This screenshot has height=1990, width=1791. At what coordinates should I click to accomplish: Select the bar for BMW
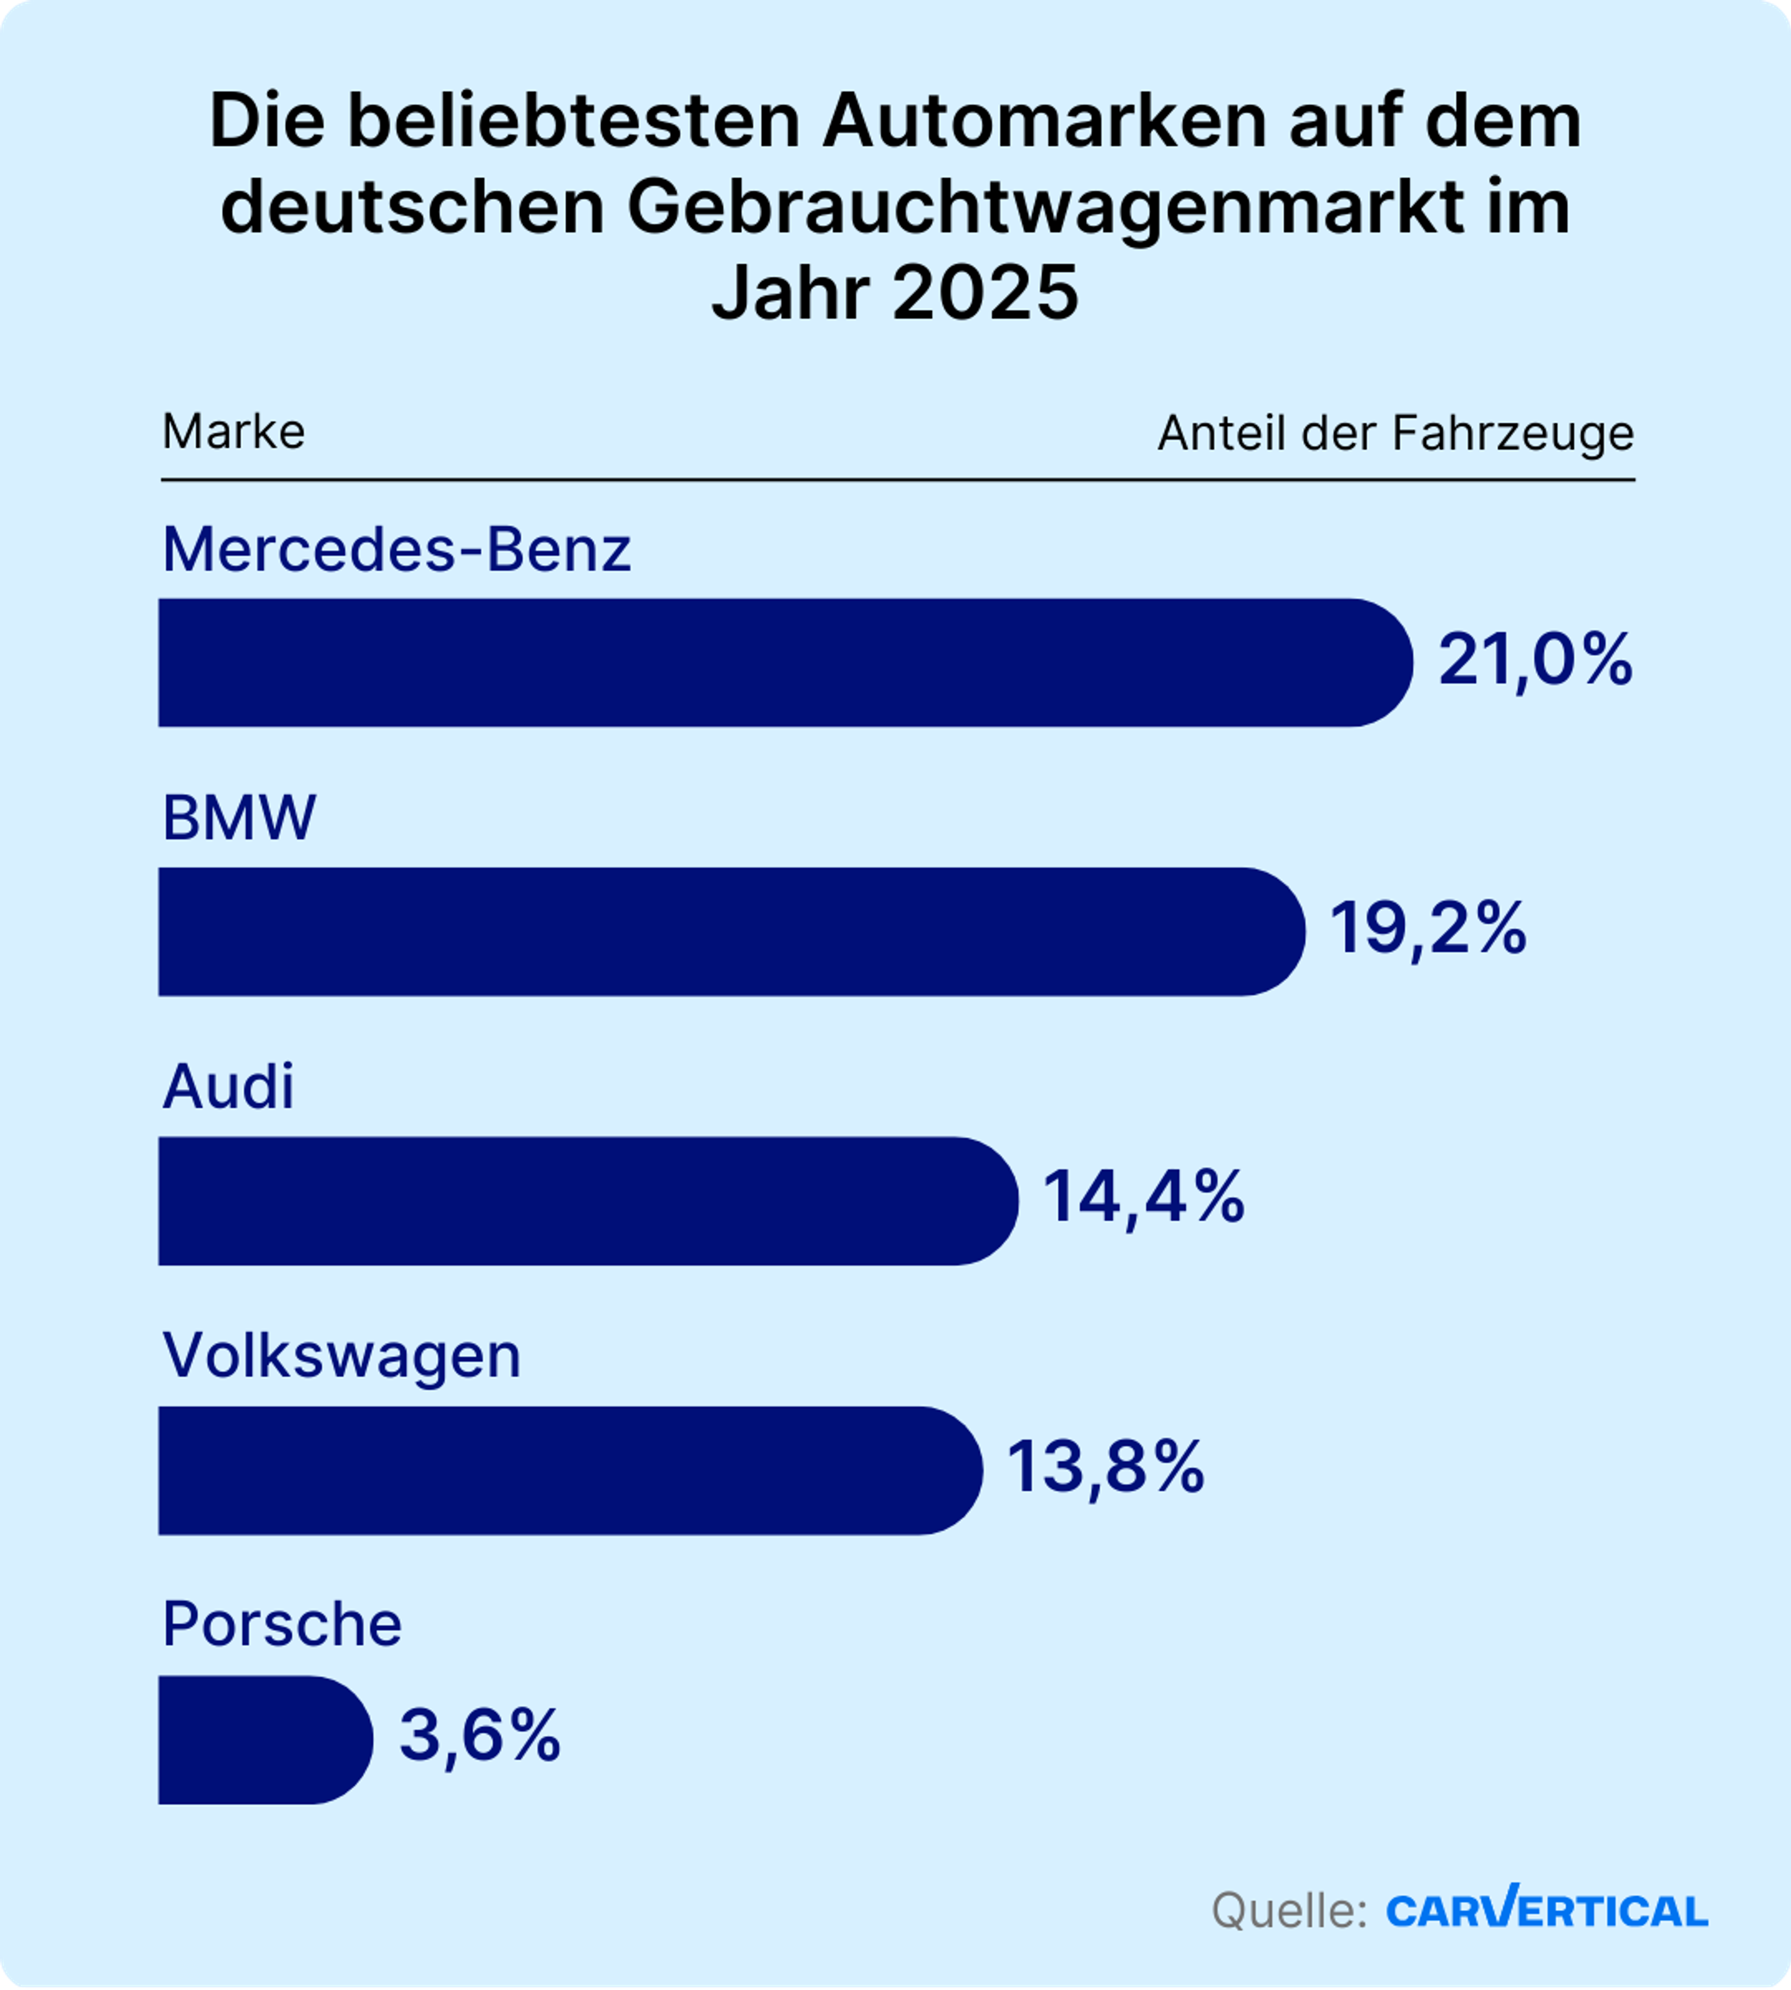click(731, 931)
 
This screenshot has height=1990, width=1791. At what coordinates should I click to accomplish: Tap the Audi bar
click(588, 1201)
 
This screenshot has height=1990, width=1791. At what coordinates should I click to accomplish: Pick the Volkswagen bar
click(570, 1470)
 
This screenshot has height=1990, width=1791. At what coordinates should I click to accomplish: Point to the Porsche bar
click(265, 1740)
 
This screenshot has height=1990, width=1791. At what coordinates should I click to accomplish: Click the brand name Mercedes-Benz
click(396, 549)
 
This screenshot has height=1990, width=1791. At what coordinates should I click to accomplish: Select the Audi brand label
click(228, 1088)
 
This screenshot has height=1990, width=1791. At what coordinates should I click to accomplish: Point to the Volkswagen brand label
click(341, 1356)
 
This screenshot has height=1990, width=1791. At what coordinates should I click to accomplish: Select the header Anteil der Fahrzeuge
click(1395, 433)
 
